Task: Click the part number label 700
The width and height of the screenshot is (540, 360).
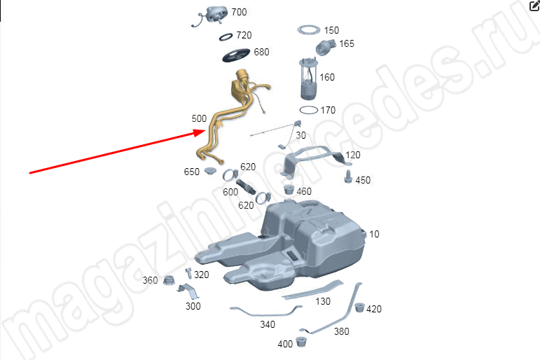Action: click(239, 12)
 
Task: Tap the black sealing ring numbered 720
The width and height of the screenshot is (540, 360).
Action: click(226, 38)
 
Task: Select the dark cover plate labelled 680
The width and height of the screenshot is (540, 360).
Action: click(236, 55)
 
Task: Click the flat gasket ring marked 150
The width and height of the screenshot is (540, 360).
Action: click(309, 30)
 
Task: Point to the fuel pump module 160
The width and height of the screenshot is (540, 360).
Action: click(308, 78)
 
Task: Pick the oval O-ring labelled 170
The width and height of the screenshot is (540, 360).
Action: click(309, 110)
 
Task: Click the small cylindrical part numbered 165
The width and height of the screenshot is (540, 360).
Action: click(325, 47)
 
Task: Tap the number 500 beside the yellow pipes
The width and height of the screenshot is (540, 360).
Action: click(199, 118)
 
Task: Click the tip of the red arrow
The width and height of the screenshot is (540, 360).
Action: click(206, 131)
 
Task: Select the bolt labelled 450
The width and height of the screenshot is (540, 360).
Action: click(348, 176)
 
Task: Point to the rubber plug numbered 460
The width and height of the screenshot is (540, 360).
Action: click(289, 190)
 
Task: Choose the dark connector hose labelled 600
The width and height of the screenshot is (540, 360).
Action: click(246, 187)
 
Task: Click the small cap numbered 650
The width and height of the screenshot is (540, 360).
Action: click(209, 170)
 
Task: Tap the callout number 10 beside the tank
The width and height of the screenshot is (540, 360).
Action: click(374, 234)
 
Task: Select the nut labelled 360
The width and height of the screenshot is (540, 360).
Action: click(168, 280)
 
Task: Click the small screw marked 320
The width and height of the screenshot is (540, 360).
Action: click(188, 273)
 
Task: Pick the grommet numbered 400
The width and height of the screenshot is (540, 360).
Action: click(301, 341)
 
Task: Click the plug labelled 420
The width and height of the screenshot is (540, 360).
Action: click(359, 307)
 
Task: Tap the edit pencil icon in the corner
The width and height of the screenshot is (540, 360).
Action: click(534, 6)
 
